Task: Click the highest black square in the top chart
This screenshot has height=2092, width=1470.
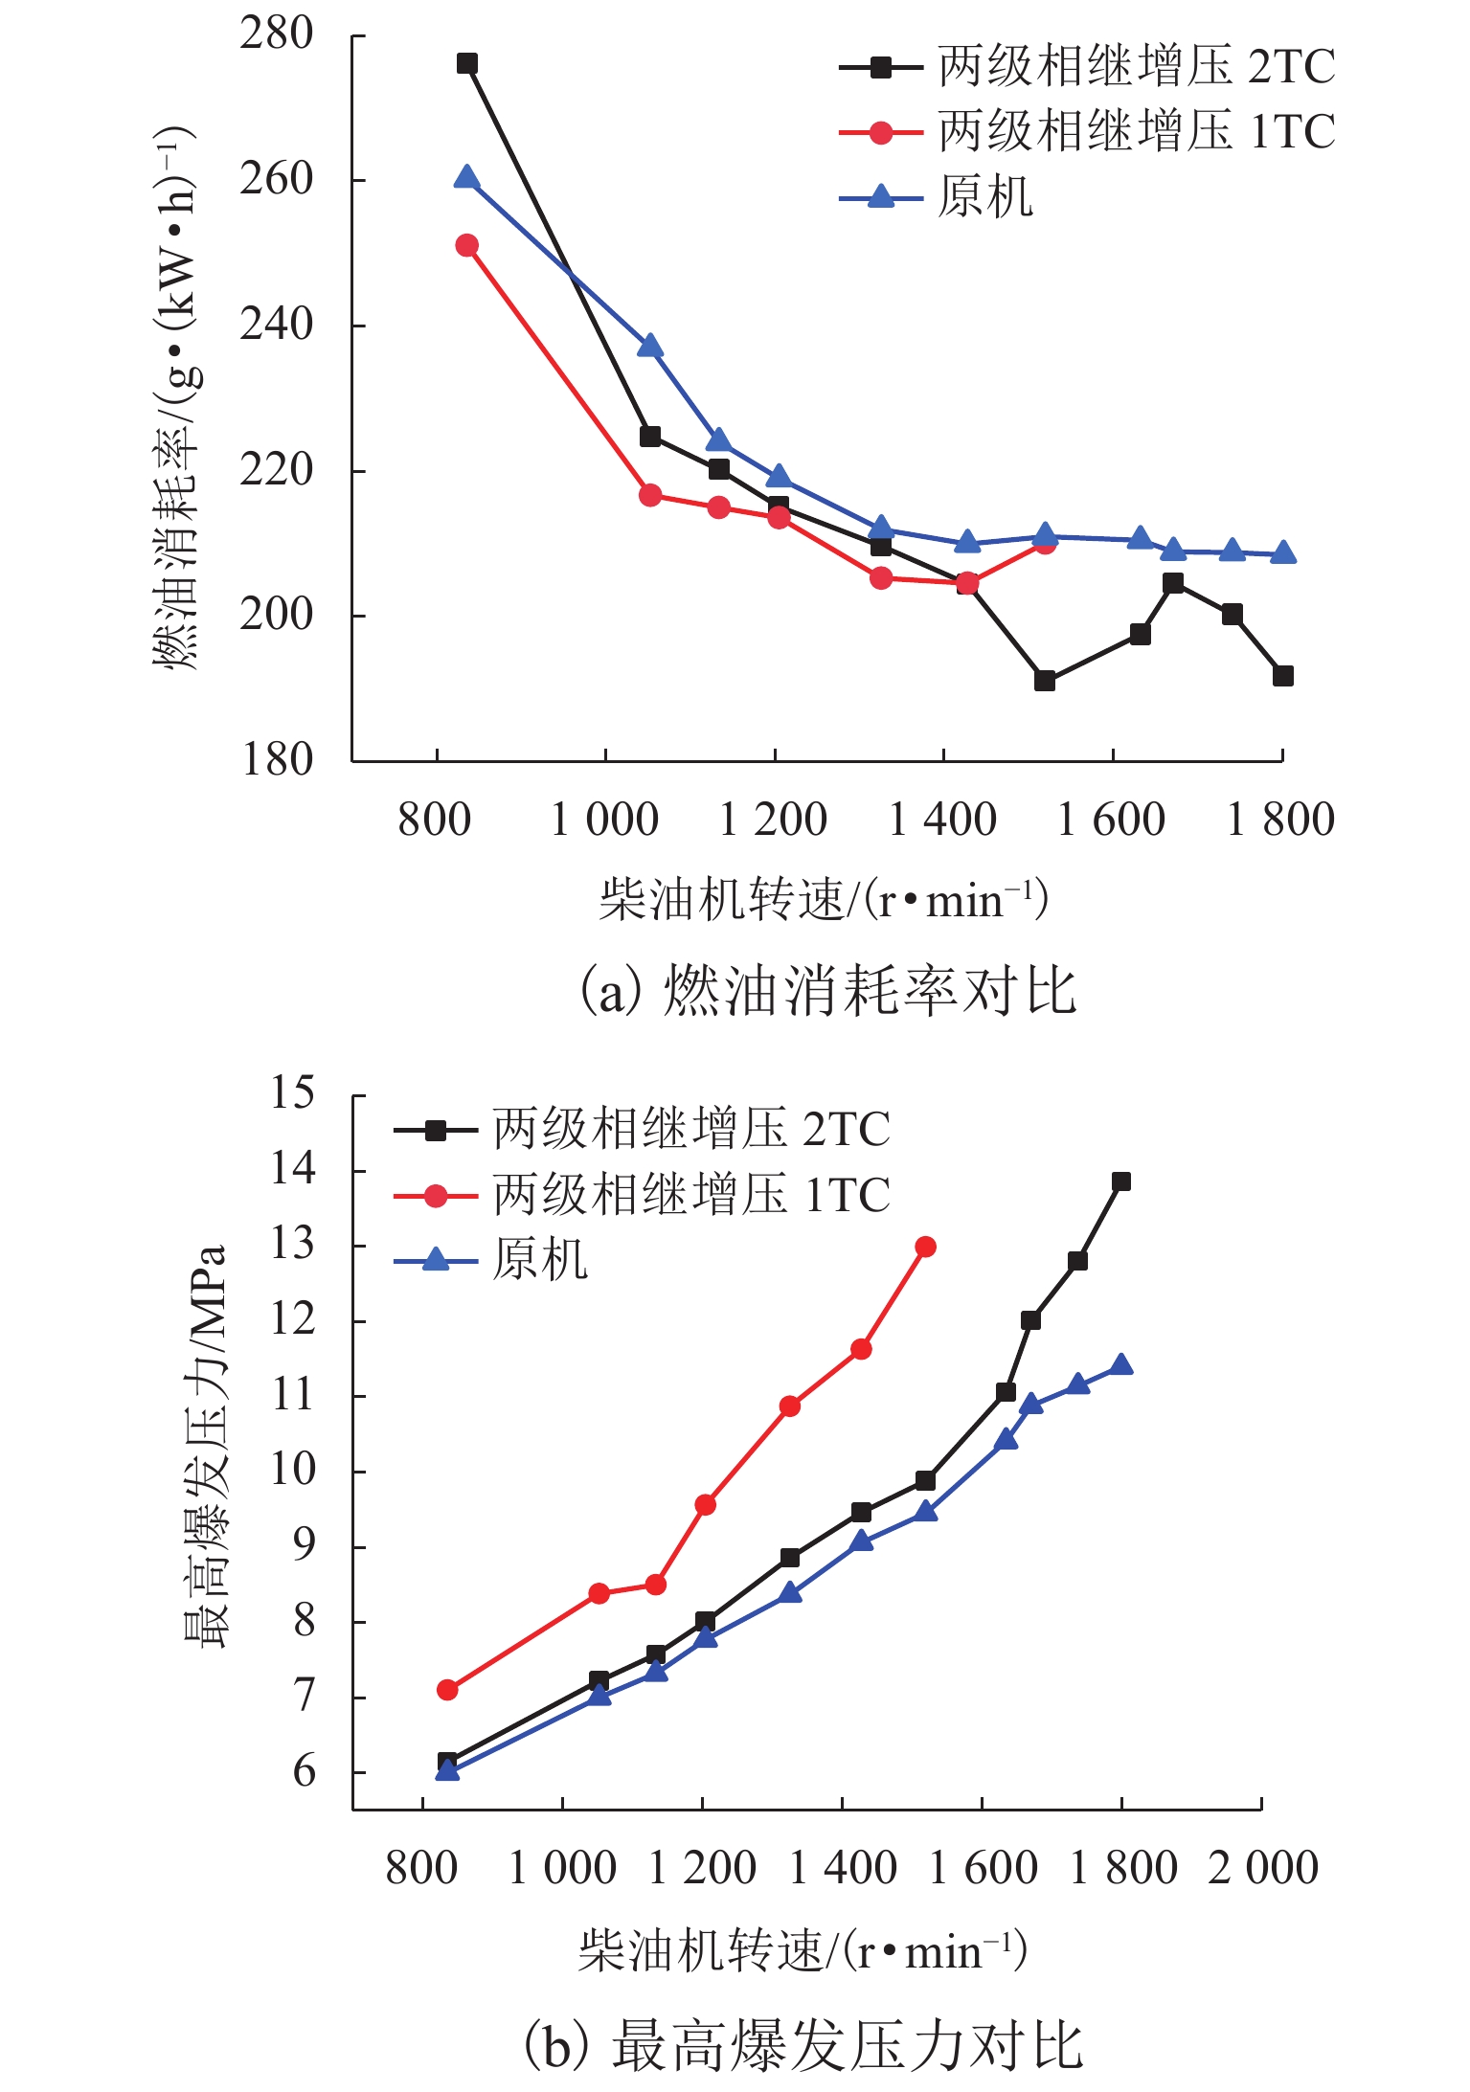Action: [466, 64]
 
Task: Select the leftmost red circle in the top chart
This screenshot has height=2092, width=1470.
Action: [466, 246]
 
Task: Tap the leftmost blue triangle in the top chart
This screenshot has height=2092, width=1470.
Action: [466, 177]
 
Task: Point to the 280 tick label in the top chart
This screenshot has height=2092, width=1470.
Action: [277, 34]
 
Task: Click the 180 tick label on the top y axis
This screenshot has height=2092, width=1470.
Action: [277, 760]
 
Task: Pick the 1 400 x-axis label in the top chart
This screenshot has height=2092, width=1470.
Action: [942, 821]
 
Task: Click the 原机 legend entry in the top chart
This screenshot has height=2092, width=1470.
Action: [984, 197]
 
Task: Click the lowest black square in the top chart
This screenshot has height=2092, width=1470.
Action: [1045, 681]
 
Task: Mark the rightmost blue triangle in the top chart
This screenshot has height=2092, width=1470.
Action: [1283, 552]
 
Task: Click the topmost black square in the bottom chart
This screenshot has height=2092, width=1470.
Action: [1120, 1181]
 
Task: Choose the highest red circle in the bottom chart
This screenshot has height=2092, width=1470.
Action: [925, 1247]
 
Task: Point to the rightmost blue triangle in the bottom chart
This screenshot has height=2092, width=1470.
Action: [1120, 1364]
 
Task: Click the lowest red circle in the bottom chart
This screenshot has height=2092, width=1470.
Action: [447, 1690]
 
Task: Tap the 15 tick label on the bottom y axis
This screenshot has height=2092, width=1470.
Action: [292, 1092]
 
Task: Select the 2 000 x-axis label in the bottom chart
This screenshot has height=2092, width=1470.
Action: [1262, 1868]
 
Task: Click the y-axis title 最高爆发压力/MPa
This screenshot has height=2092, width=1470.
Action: [205, 1446]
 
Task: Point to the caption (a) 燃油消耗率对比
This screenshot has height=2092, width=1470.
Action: [829, 990]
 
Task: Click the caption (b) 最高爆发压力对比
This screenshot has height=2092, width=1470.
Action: [804, 2046]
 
